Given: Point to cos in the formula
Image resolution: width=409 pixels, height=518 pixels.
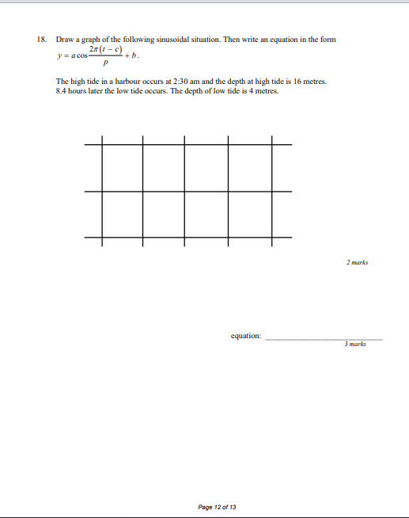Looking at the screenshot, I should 87,56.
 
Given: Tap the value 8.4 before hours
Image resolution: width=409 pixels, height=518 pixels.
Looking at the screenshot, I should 62,91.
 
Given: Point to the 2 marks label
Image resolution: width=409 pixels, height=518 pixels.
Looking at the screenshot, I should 357,262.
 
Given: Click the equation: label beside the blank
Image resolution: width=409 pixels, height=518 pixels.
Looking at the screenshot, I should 246,337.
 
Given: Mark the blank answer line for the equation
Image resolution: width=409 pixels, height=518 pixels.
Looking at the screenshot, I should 324,338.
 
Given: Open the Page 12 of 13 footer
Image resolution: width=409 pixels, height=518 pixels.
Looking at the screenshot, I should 217,506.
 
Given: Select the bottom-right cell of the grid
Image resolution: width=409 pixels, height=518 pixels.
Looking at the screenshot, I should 250,214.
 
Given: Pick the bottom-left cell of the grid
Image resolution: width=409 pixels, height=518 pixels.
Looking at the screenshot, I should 122,214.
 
